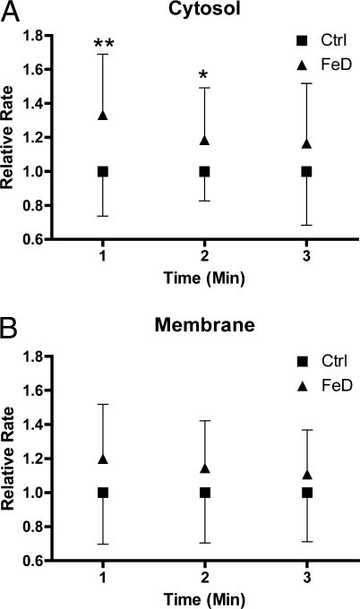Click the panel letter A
12,12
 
